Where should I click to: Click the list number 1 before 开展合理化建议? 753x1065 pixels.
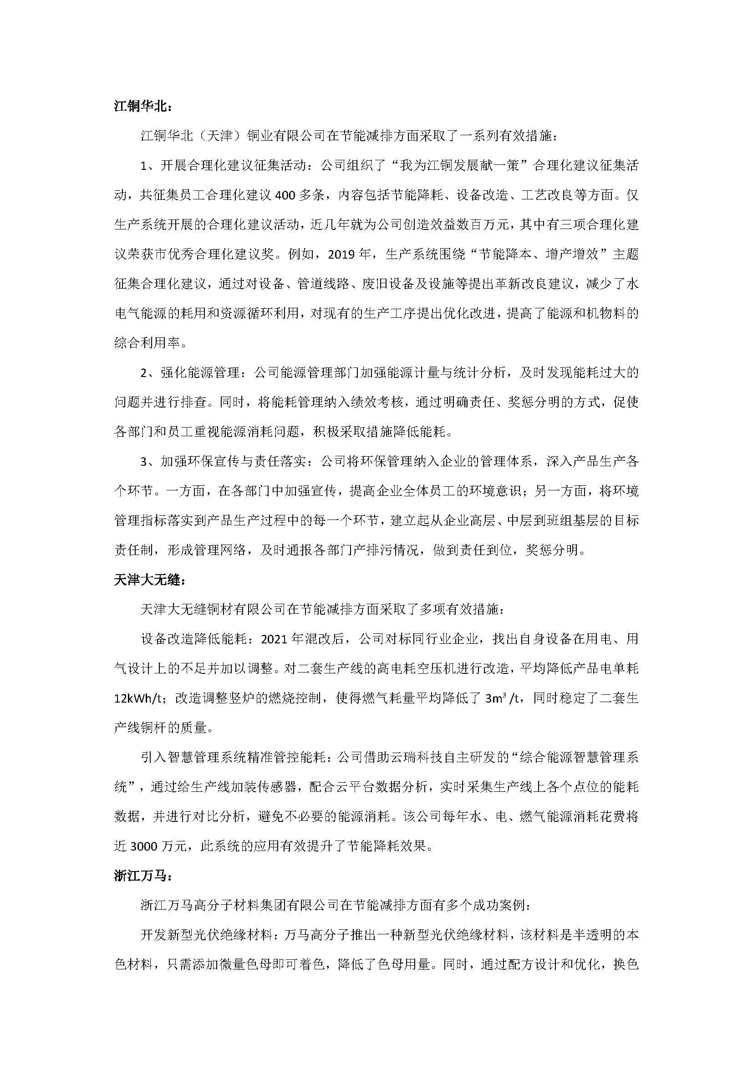coord(144,166)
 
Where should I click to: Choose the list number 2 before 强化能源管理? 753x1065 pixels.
coord(144,373)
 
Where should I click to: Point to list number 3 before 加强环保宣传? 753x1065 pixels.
coord(144,462)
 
